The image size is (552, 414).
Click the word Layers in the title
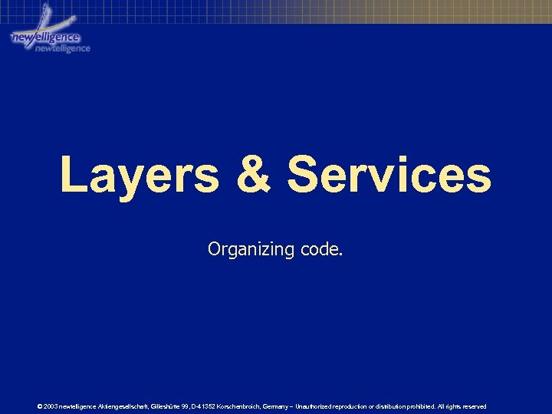tap(140, 175)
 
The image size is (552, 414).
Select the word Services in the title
tap(389, 175)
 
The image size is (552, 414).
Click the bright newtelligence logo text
tap(44, 38)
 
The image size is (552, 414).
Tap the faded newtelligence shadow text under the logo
tap(63, 48)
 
